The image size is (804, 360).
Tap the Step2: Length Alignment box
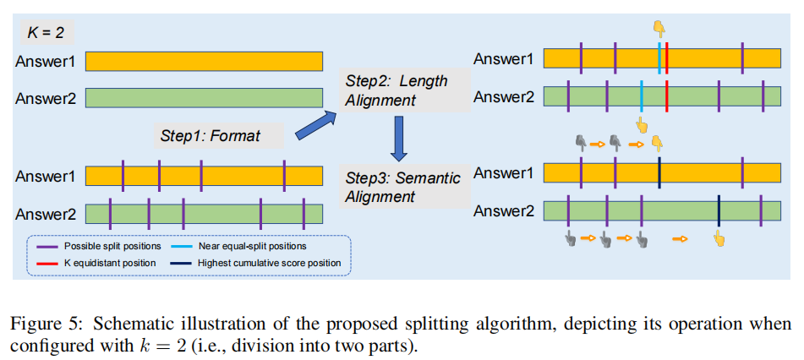pos(397,90)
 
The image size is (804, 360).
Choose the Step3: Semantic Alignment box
pos(403,187)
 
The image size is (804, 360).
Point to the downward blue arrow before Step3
pos(400,139)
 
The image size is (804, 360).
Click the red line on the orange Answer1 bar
pos(667,58)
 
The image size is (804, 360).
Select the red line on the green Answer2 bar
pos(667,95)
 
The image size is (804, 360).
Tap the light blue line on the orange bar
pos(659,58)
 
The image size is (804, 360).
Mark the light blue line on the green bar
pos(642,95)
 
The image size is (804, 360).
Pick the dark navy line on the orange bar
pos(659,173)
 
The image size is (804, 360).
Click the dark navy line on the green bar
pos(718,210)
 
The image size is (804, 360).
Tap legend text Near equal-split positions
pos(252,246)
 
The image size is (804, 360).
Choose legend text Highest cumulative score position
pos(269,263)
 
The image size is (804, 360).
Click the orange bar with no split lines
pos(204,61)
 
